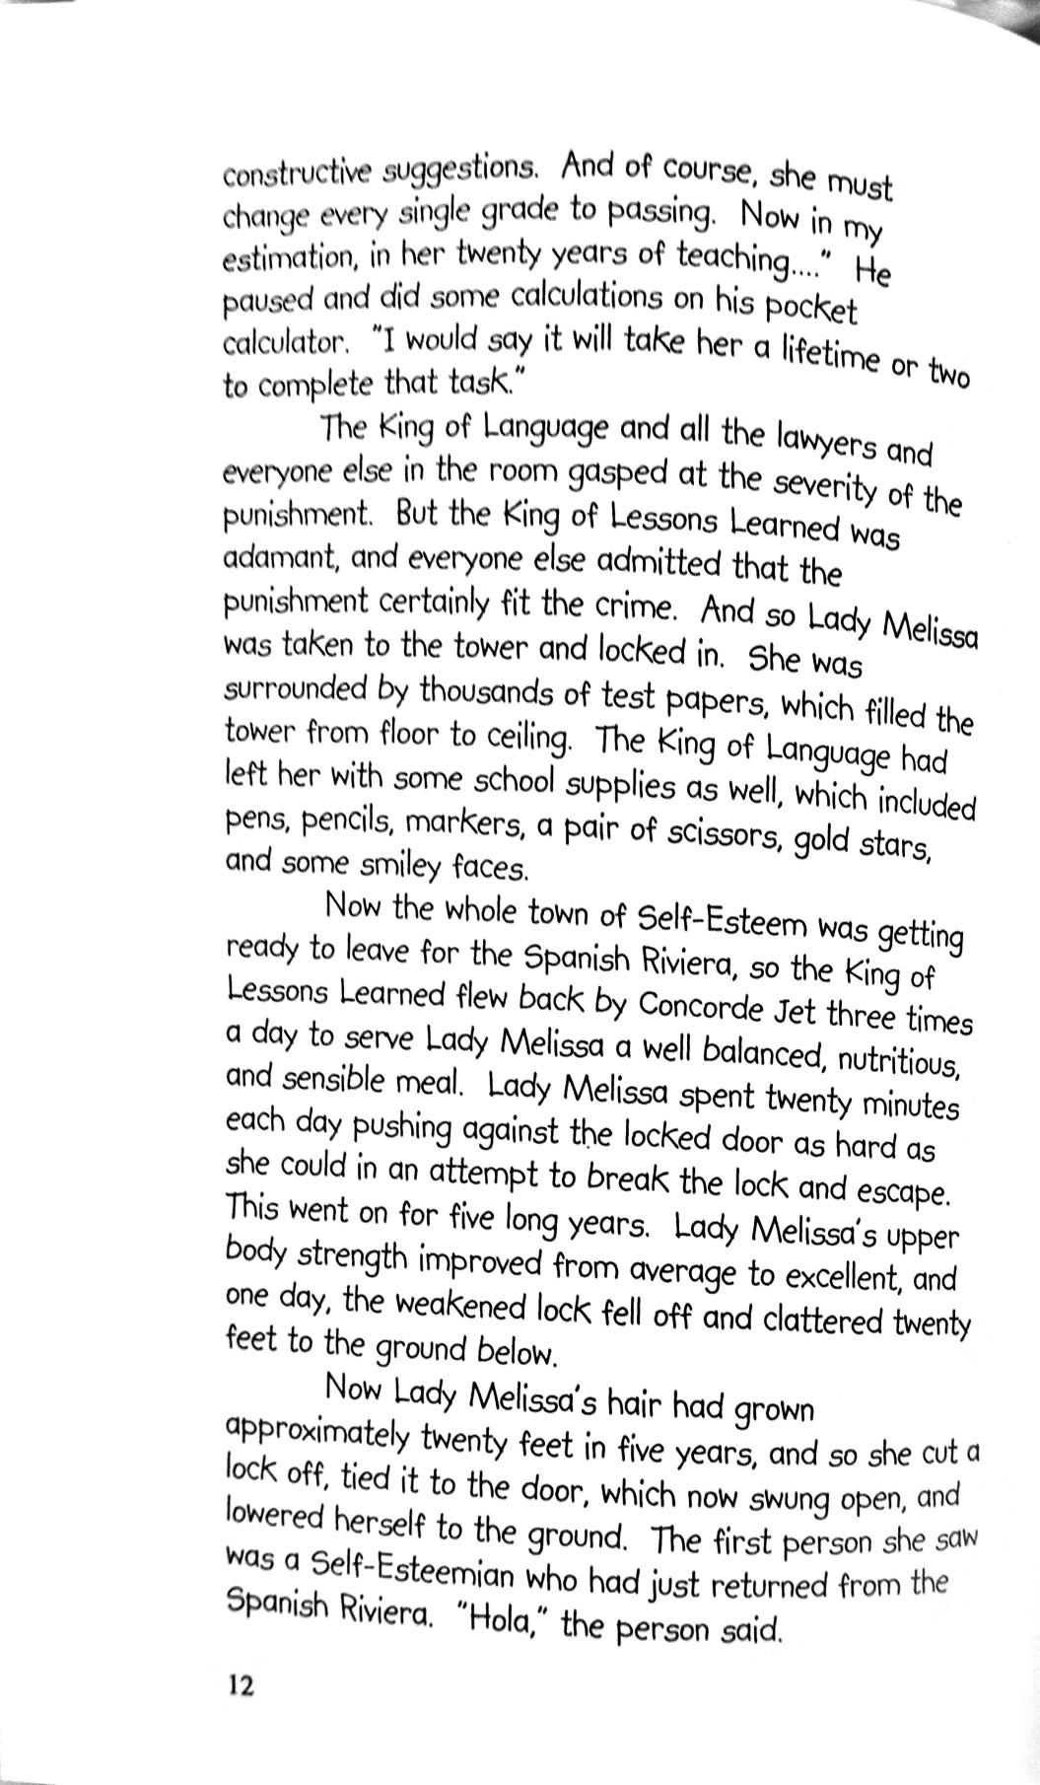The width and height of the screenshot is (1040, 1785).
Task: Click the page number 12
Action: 242,1684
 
